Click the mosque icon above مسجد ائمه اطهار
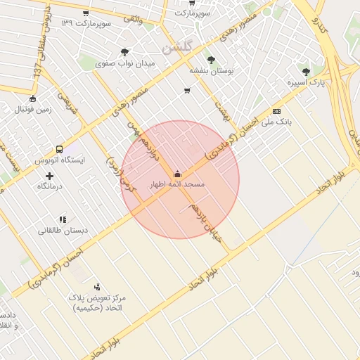coord(176,174)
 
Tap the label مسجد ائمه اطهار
coord(176,184)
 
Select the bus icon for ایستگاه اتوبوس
coord(59,149)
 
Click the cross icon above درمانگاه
coord(49,175)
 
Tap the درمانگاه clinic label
coord(49,186)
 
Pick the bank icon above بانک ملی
coord(276,111)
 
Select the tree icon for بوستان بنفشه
coord(211,60)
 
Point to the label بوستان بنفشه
coord(211,71)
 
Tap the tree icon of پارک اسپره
coord(305,72)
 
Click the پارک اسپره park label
coord(305,83)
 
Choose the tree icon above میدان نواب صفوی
coord(125,51)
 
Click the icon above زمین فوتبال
coord(32,98)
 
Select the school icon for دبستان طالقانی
coord(63,219)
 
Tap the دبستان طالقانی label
coord(63,231)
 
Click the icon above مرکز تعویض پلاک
coord(97,287)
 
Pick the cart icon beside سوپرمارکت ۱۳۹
coord(86,13)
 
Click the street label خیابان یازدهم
coord(205,223)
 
